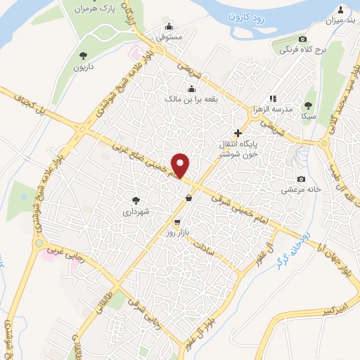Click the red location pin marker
coord(181,165)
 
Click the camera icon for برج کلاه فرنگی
coord(302,39)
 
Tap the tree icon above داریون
coord(83,55)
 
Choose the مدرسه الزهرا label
coord(281,110)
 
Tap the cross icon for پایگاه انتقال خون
coord(238,132)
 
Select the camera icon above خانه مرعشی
coord(301,179)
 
